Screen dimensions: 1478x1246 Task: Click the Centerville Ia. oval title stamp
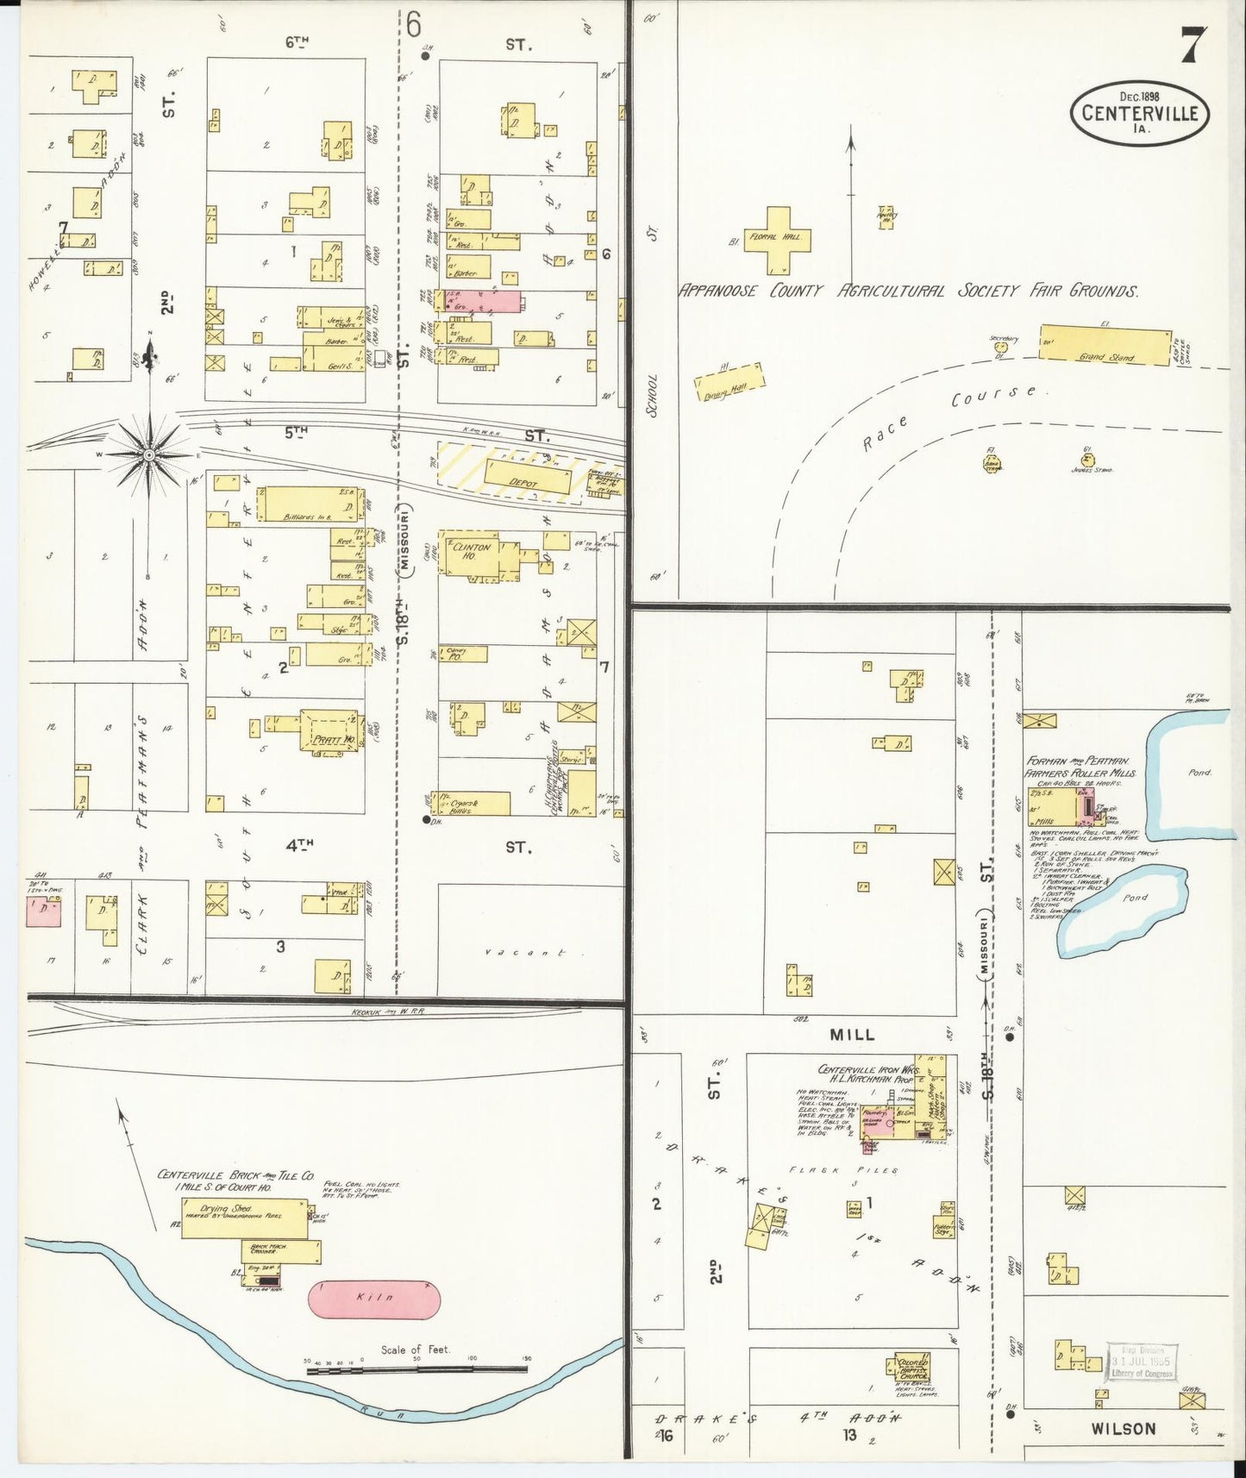(x=1139, y=113)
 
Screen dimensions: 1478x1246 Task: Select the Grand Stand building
(x=1105, y=345)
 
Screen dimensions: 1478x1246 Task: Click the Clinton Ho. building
(x=472, y=554)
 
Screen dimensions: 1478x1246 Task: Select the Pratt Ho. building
(x=329, y=731)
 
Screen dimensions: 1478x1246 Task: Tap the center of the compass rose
(x=149, y=454)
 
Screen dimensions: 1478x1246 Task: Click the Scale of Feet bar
(x=416, y=1368)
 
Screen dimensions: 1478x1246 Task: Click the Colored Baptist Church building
(x=912, y=1368)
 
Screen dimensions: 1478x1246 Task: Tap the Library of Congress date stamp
(x=1142, y=1361)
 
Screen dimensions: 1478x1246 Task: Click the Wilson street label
(x=1123, y=1429)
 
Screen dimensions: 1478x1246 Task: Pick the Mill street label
(x=852, y=1034)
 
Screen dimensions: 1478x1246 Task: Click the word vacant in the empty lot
(x=524, y=953)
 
